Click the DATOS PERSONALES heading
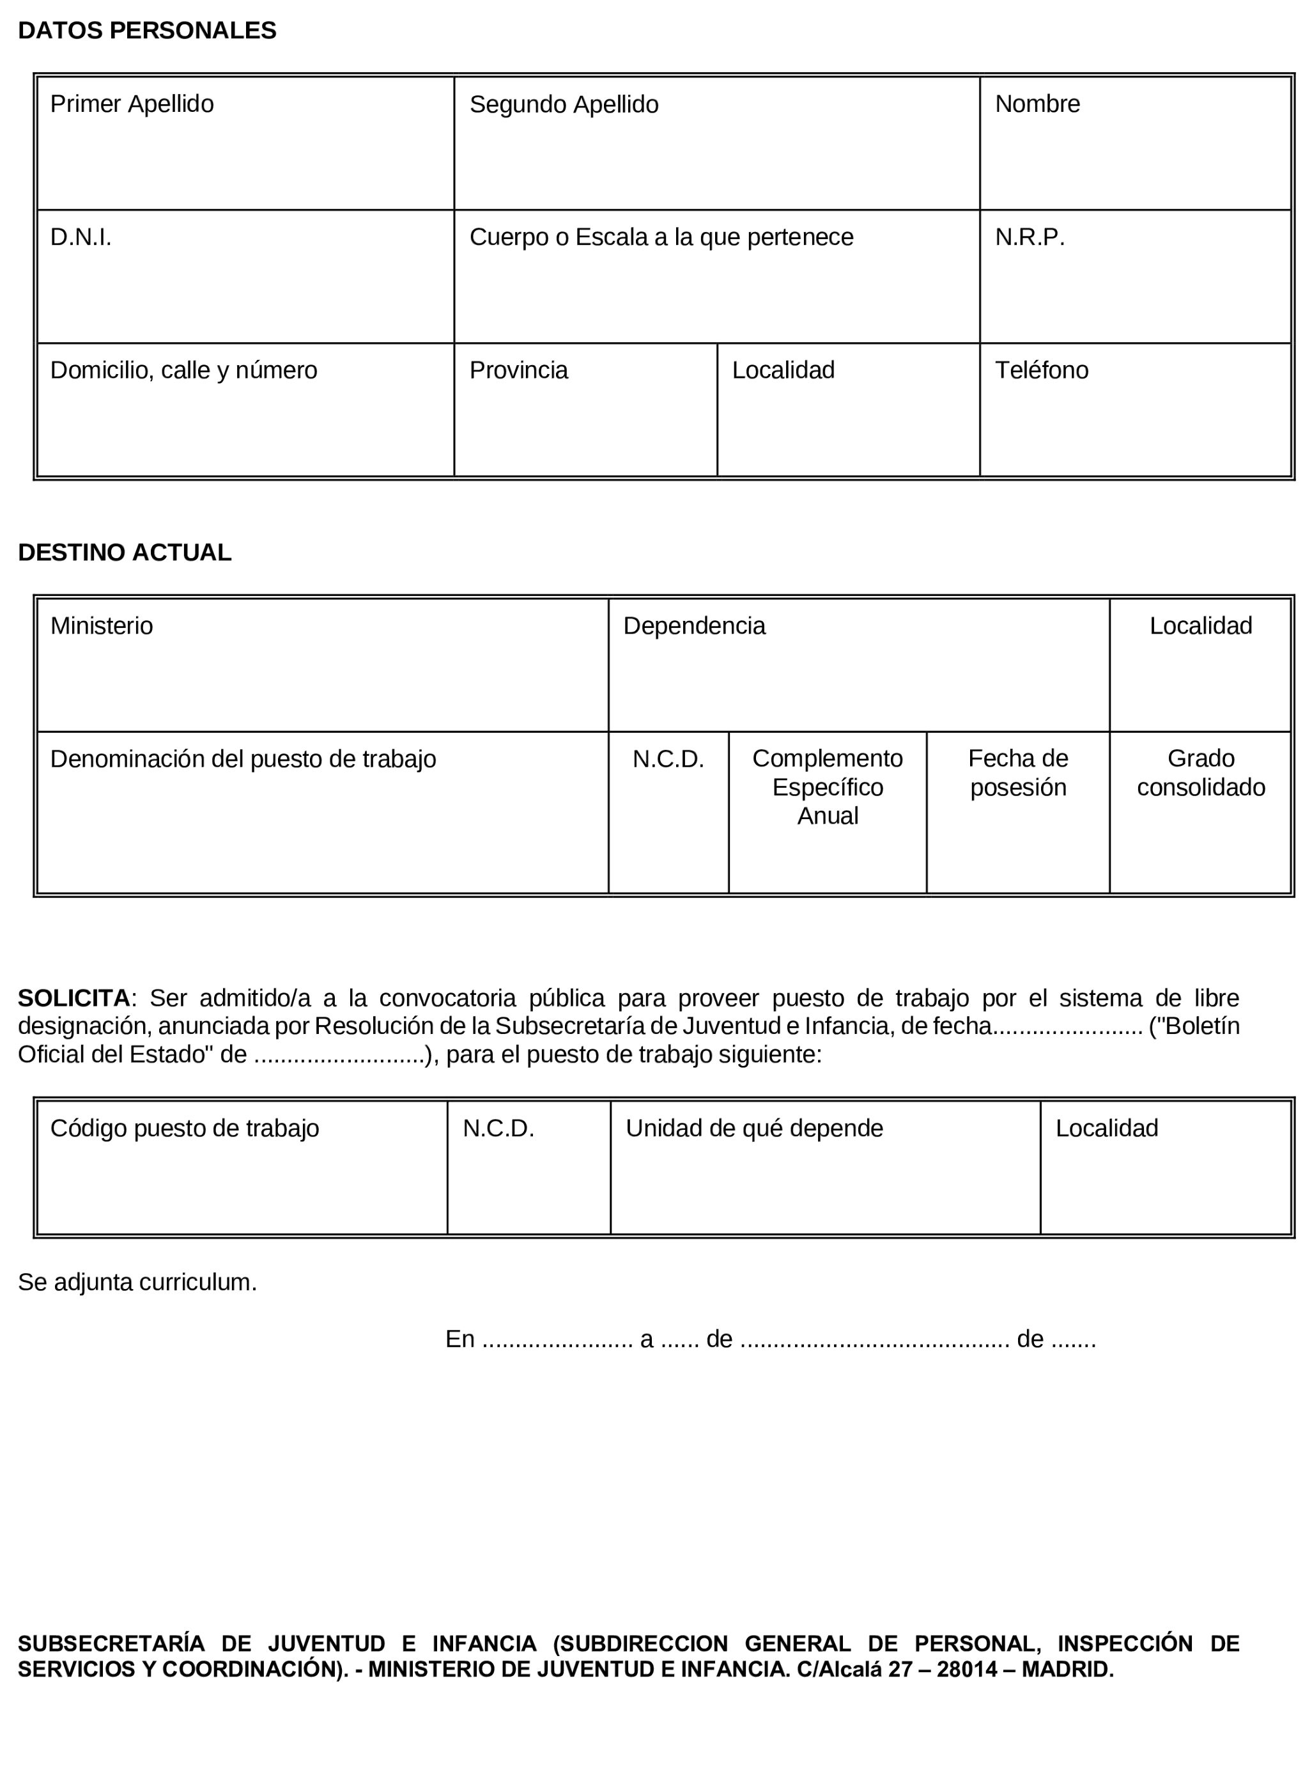tap(147, 31)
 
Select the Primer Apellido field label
tap(132, 104)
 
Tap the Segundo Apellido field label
tap(564, 105)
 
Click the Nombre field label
tap(1037, 104)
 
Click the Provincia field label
tap(519, 370)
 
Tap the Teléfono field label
tap(1041, 370)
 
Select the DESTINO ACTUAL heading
tap(125, 553)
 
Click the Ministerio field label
tap(102, 626)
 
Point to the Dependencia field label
tap(694, 626)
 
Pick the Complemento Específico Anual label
tap(828, 787)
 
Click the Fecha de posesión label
tap(1018, 773)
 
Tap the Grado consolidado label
tap(1201, 773)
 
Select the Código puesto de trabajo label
tap(184, 1129)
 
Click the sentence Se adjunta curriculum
tap(137, 1283)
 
